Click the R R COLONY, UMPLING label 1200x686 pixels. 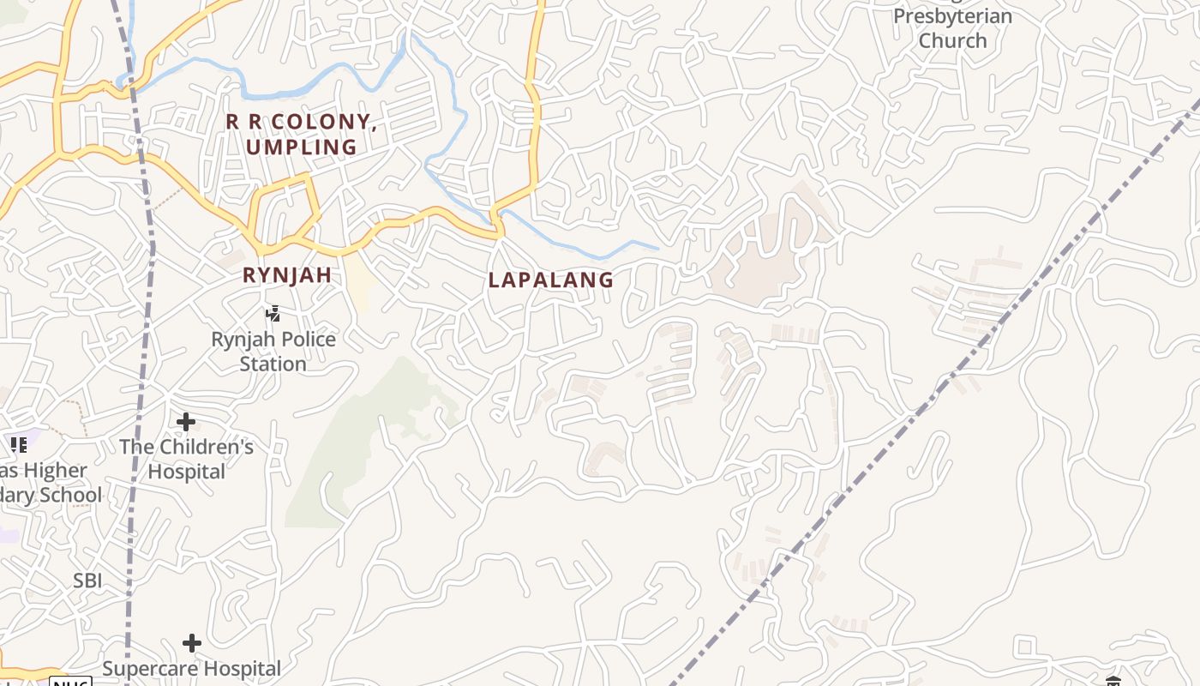point(301,134)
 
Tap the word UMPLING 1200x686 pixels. point(301,147)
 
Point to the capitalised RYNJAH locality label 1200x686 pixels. point(286,275)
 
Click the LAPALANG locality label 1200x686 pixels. point(551,280)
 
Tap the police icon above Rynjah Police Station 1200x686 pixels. point(273,314)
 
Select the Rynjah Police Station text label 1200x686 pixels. point(273,352)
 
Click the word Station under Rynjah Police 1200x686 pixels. point(273,364)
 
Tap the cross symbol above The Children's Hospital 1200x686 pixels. point(186,422)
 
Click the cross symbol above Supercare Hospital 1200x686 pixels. point(192,643)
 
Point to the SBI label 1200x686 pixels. point(87,581)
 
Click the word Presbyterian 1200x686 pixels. point(952,16)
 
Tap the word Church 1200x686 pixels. point(952,40)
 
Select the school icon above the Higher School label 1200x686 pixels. point(19,445)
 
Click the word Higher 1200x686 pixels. point(55,471)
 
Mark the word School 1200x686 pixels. point(72,495)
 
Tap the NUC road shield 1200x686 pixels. point(70,683)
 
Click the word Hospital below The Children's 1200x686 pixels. point(187,472)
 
